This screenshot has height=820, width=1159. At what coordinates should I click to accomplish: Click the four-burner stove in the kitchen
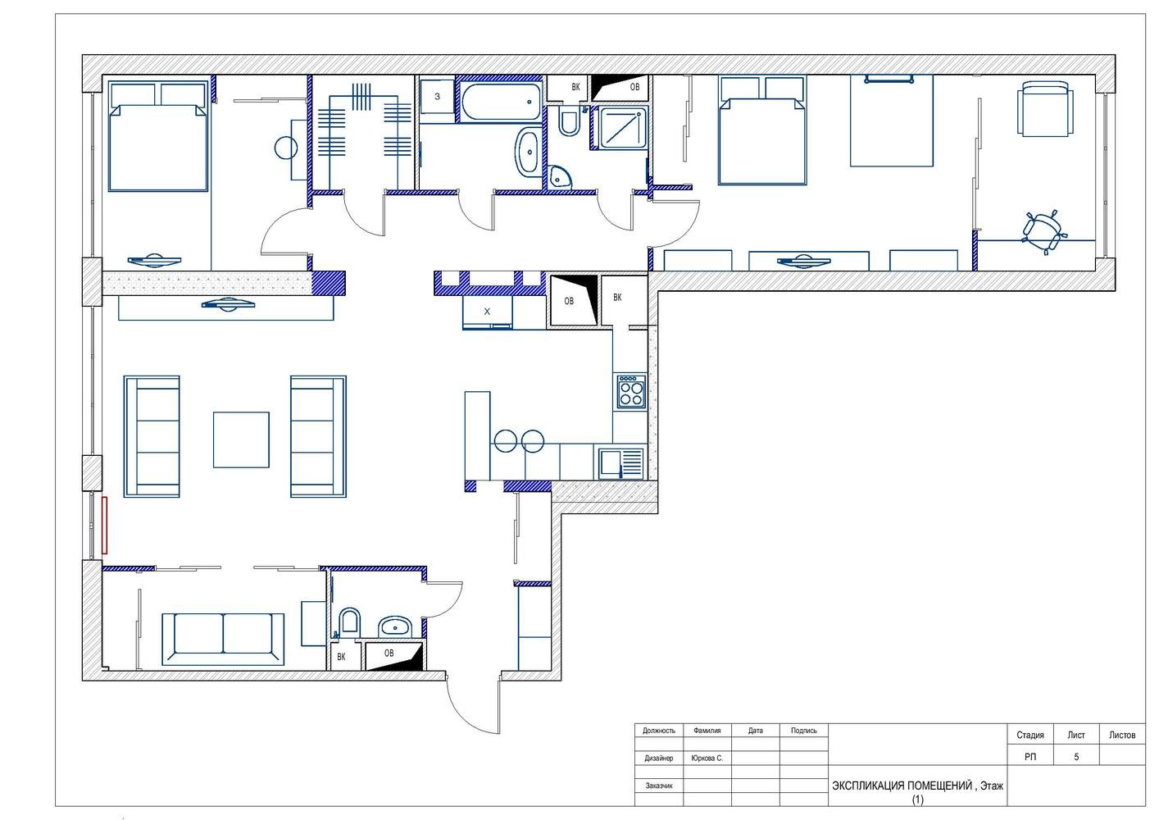[x=631, y=392]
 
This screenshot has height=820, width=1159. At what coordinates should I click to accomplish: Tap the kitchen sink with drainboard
[x=621, y=464]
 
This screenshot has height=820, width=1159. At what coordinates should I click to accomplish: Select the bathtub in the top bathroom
[x=500, y=102]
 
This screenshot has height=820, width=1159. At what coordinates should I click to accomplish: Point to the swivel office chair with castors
[x=1043, y=232]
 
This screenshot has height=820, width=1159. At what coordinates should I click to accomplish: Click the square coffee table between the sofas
[x=241, y=440]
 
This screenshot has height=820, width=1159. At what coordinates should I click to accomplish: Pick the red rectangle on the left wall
[x=104, y=525]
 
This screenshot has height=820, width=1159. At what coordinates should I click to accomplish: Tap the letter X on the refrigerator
[x=487, y=312]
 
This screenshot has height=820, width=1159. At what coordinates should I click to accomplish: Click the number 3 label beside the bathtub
[x=437, y=96]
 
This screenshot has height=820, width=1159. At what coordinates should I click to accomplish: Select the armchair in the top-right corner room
[x=1045, y=109]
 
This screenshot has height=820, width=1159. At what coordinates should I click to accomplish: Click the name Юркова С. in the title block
[x=707, y=758]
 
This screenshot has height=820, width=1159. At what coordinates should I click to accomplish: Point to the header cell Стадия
[x=1030, y=735]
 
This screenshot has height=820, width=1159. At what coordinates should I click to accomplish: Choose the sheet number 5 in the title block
[x=1076, y=757]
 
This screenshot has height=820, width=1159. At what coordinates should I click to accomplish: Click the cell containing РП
[x=1030, y=757]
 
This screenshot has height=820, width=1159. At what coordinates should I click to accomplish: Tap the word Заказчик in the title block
[x=659, y=786]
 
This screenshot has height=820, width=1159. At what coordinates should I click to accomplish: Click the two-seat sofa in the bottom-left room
[x=223, y=640]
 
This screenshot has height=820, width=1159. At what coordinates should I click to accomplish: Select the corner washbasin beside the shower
[x=561, y=176]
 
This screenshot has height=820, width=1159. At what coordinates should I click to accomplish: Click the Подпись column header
[x=803, y=731]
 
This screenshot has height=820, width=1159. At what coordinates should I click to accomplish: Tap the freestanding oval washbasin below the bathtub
[x=527, y=153]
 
